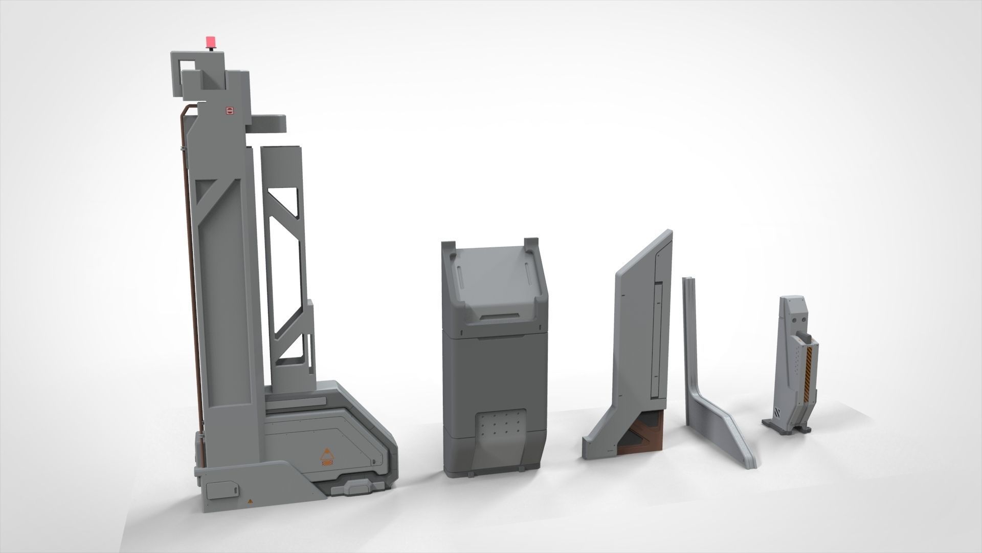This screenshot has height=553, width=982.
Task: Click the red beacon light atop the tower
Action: (x=210, y=41)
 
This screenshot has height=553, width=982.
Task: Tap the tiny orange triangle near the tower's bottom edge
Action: (x=250, y=500)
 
